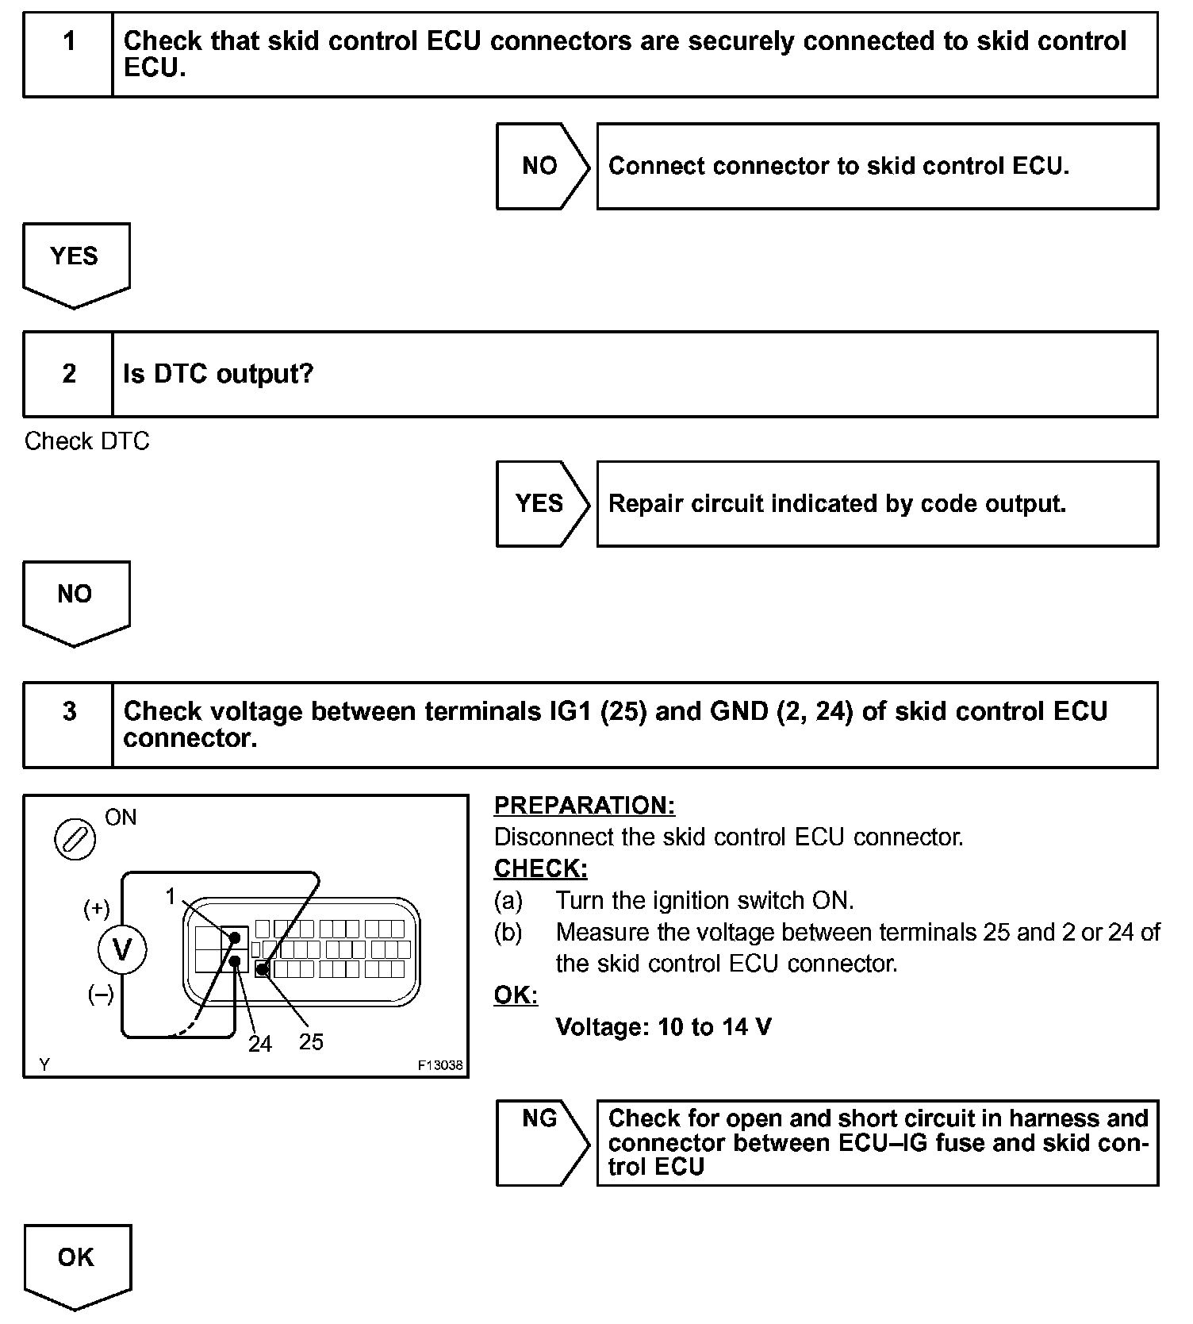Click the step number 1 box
[69, 55]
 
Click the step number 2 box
[69, 374]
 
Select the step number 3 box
[69, 725]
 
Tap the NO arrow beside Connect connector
[541, 166]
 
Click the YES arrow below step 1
[75, 262]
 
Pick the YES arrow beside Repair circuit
[541, 503]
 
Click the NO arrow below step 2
[75, 599]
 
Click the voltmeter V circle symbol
[122, 949]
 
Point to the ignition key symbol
[75, 840]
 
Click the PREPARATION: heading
[585, 805]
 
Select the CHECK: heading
[541, 868]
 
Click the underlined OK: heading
[516, 995]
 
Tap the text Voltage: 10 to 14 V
[663, 1027]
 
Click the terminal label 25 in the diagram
[311, 1041]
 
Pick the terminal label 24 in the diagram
[259, 1044]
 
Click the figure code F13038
[440, 1065]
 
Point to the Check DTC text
[87, 441]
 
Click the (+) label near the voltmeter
[97, 909]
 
